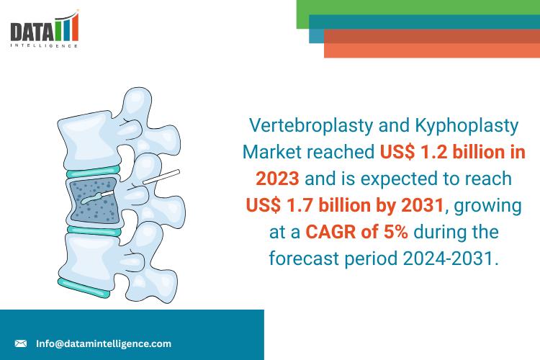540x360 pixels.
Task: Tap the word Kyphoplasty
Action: tap(467, 126)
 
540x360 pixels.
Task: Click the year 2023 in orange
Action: tap(277, 179)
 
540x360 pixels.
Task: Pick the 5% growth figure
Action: tap(396, 232)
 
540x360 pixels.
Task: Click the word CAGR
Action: tap(330, 232)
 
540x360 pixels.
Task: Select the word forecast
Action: tap(304, 258)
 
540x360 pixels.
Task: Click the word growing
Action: tap(487, 206)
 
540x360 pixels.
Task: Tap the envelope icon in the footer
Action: tap(21, 343)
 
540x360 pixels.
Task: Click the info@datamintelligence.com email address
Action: tap(104, 343)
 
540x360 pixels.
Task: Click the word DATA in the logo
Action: tap(32, 32)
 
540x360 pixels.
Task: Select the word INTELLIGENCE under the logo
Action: tap(44, 45)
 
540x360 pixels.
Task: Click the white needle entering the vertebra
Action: tap(161, 176)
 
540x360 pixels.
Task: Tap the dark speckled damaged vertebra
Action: tap(95, 200)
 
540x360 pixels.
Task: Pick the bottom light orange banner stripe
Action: tap(432, 50)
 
